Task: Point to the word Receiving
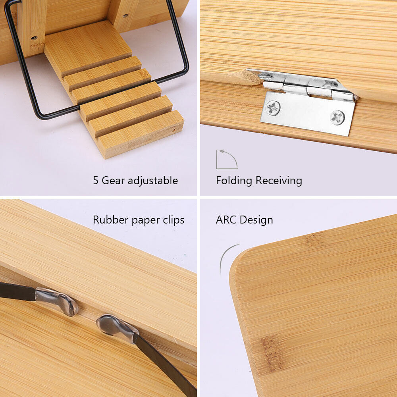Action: (x=279, y=181)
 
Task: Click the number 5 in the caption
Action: (x=96, y=181)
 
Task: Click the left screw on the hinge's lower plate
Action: (x=273, y=108)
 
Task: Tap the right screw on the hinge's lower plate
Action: (x=337, y=118)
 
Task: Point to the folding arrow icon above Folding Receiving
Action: (x=227, y=159)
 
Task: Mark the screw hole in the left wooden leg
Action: (x=34, y=38)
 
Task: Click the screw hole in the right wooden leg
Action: (x=125, y=16)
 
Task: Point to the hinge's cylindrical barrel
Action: (x=308, y=90)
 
